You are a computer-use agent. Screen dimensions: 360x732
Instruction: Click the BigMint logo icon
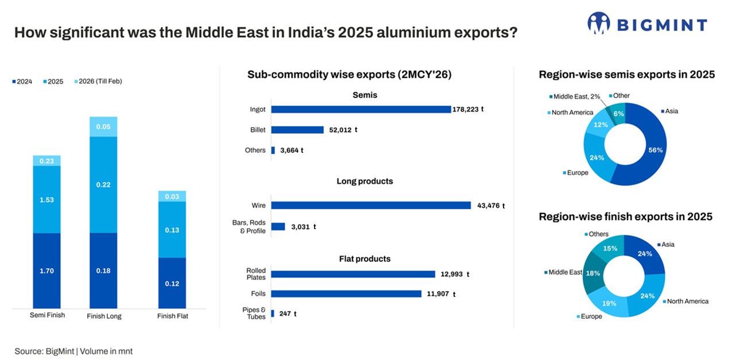(598, 24)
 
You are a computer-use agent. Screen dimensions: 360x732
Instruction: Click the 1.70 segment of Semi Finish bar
(47, 270)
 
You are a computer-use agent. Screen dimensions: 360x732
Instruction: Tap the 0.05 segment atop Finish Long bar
(103, 126)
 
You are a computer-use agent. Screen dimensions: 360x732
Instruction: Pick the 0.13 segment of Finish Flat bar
(172, 230)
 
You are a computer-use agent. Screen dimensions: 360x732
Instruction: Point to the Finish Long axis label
(104, 316)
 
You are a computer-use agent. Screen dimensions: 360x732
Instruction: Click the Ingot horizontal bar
(361, 109)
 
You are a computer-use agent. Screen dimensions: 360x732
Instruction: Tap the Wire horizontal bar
(370, 205)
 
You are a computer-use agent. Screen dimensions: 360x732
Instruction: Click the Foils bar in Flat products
(346, 294)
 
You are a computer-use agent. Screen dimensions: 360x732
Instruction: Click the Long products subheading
(365, 181)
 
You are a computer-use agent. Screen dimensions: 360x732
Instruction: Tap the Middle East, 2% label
(575, 96)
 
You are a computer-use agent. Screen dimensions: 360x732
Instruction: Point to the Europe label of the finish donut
(591, 316)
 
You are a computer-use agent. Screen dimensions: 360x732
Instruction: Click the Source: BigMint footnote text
(73, 351)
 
